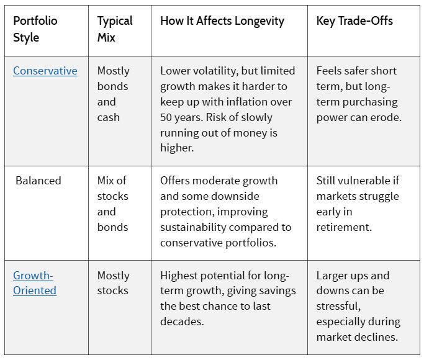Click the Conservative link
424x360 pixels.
click(x=45, y=71)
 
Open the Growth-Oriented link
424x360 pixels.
click(x=35, y=283)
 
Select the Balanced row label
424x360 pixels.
click(x=38, y=181)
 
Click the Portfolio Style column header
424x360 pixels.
click(x=35, y=29)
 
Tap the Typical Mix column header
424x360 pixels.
click(x=115, y=29)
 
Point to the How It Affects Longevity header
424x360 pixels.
click(x=222, y=21)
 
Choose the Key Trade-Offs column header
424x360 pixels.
click(x=354, y=21)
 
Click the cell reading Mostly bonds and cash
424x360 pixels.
click(x=114, y=94)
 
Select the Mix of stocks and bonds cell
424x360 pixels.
click(x=113, y=204)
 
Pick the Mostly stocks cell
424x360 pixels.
click(x=114, y=283)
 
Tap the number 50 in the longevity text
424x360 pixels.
click(x=166, y=117)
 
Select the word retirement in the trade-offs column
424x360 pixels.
click(x=344, y=227)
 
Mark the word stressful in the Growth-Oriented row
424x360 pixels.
click(x=338, y=306)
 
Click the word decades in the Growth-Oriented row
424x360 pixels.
click(x=182, y=322)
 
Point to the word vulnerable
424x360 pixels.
click(x=361, y=181)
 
